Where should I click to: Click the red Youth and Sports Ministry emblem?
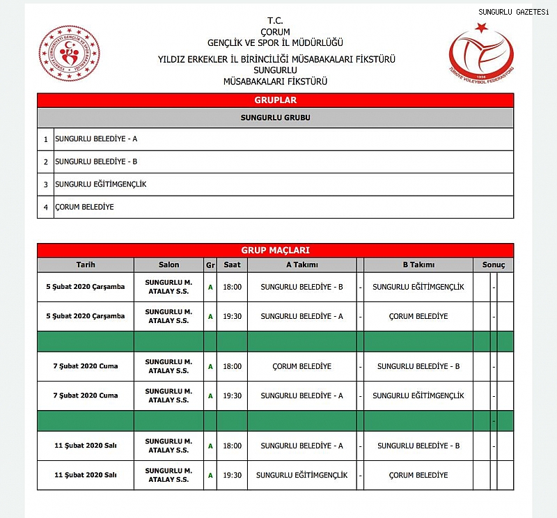click(x=69, y=54)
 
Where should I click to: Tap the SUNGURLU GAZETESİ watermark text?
click(x=513, y=12)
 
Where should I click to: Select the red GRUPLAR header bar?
click(x=275, y=100)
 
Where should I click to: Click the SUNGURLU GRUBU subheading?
click(x=275, y=118)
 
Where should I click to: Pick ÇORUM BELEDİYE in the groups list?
click(x=84, y=207)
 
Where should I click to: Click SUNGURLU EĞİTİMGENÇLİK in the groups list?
click(x=101, y=184)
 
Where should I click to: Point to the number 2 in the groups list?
click(x=46, y=162)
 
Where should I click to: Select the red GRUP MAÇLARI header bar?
click(x=275, y=250)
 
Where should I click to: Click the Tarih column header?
click(x=85, y=265)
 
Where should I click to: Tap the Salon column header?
click(x=168, y=265)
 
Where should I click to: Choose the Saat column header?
click(x=232, y=265)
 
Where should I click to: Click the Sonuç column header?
click(x=494, y=265)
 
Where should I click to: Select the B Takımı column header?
click(x=418, y=265)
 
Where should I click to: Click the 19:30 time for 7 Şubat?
click(x=232, y=395)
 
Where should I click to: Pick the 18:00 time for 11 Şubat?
click(x=232, y=446)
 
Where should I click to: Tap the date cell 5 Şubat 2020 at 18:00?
click(x=85, y=287)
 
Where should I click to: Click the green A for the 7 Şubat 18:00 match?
click(x=210, y=366)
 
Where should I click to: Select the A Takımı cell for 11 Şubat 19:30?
click(x=301, y=476)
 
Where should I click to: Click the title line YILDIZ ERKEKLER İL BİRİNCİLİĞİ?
click(x=276, y=59)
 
